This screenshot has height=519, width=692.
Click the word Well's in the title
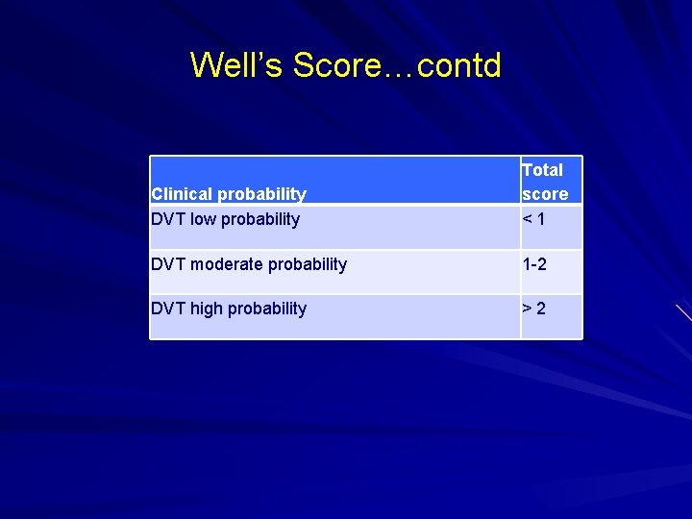(x=237, y=65)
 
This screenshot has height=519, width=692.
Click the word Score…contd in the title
(x=397, y=65)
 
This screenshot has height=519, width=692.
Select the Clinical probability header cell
(x=229, y=194)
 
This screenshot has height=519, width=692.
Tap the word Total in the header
(x=542, y=170)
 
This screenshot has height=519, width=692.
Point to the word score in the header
(x=545, y=194)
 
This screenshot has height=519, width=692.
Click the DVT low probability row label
(x=225, y=219)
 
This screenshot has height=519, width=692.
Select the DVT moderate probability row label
(x=249, y=264)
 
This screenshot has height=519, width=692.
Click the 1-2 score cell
(x=534, y=264)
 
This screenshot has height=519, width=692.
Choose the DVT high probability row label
(x=229, y=309)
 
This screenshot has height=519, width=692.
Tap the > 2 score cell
(x=534, y=309)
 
